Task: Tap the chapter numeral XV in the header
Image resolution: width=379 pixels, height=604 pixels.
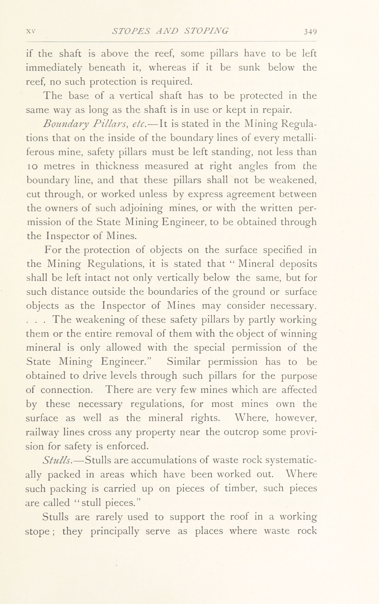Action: click(31, 31)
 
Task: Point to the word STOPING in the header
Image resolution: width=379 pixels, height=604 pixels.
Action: click(206, 31)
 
